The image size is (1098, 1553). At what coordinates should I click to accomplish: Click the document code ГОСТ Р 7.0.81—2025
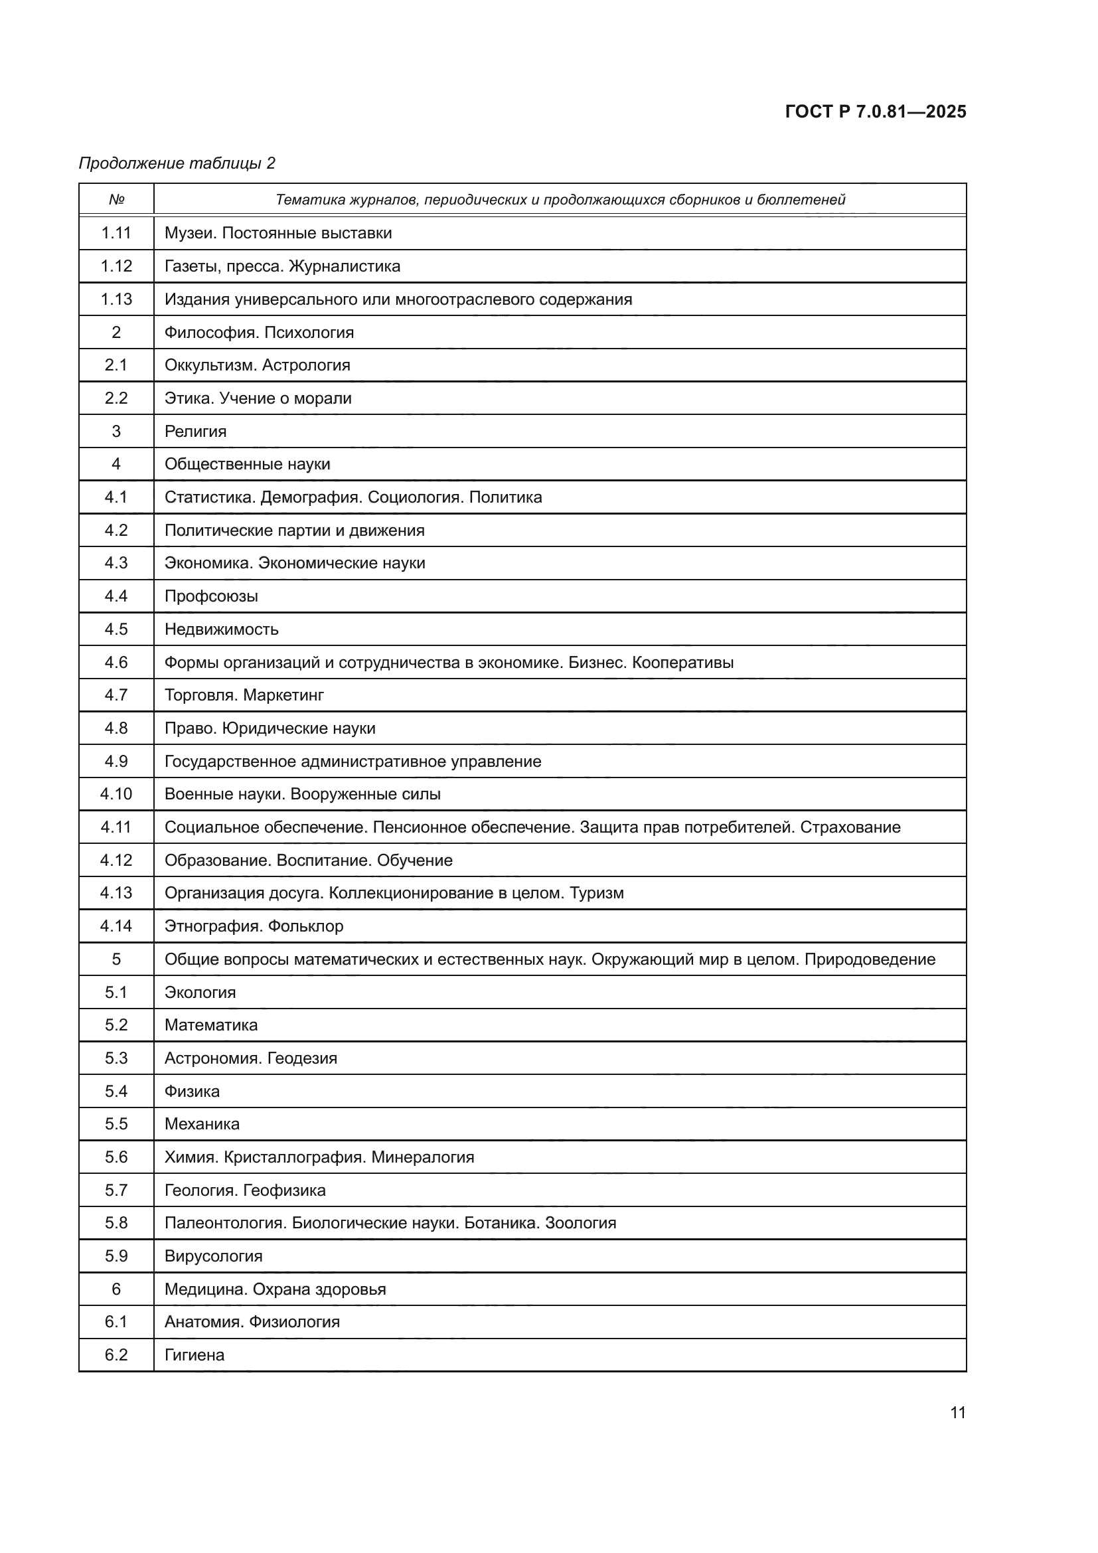click(x=875, y=112)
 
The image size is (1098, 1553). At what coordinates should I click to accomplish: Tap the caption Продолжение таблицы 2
click(x=177, y=163)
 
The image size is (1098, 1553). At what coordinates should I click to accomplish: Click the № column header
click(x=116, y=200)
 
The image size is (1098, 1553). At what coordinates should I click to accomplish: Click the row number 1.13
click(x=116, y=299)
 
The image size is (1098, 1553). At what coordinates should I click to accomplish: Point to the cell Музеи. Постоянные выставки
click(x=278, y=233)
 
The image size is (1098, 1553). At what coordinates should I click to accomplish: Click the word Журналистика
click(x=344, y=266)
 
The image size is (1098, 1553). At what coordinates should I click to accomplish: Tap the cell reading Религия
click(x=195, y=432)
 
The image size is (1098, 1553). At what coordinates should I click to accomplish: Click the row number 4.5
click(x=116, y=629)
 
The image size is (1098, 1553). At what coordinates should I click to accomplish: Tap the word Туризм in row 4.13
click(x=596, y=893)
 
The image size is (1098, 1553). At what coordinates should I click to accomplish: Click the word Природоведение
click(x=870, y=959)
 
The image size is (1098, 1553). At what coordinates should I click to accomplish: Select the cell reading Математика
click(x=211, y=1025)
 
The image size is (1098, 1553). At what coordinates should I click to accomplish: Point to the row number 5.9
click(x=116, y=1256)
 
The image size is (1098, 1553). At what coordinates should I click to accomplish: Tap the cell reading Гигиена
click(x=194, y=1355)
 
